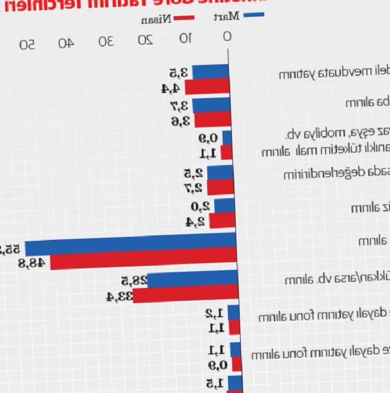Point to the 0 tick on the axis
(x=227, y=37)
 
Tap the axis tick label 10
(x=185, y=38)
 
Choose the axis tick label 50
(x=27, y=44)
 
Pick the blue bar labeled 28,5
(x=193, y=280)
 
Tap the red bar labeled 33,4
(x=185, y=295)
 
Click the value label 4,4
(x=170, y=88)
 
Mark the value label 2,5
(x=193, y=173)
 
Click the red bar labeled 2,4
(x=223, y=221)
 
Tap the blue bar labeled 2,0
(x=225, y=206)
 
